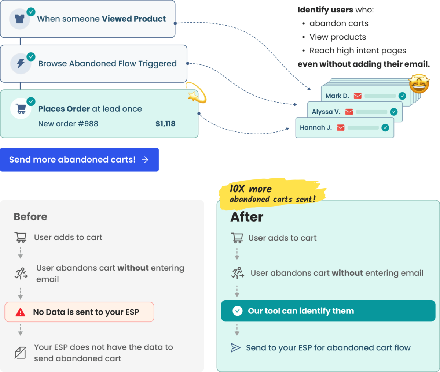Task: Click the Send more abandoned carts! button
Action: (x=79, y=160)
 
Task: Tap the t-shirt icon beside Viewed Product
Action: (x=20, y=19)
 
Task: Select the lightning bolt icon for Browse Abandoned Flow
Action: (x=21, y=64)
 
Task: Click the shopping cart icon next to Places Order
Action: (x=21, y=109)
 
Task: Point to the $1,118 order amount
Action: (x=165, y=124)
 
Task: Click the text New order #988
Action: (x=68, y=124)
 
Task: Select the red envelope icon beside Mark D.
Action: (x=357, y=96)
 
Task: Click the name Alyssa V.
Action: (x=326, y=112)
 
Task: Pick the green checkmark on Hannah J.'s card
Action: (x=385, y=128)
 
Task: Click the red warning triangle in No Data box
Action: (x=21, y=312)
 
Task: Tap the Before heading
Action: (x=30, y=217)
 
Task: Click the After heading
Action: (x=247, y=217)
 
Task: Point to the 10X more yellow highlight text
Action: (x=251, y=189)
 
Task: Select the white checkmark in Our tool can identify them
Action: (x=238, y=311)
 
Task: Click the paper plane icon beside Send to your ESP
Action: (x=235, y=348)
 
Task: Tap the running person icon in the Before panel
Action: (x=21, y=274)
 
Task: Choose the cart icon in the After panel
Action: (x=237, y=238)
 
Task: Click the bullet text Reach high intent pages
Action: (x=357, y=51)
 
